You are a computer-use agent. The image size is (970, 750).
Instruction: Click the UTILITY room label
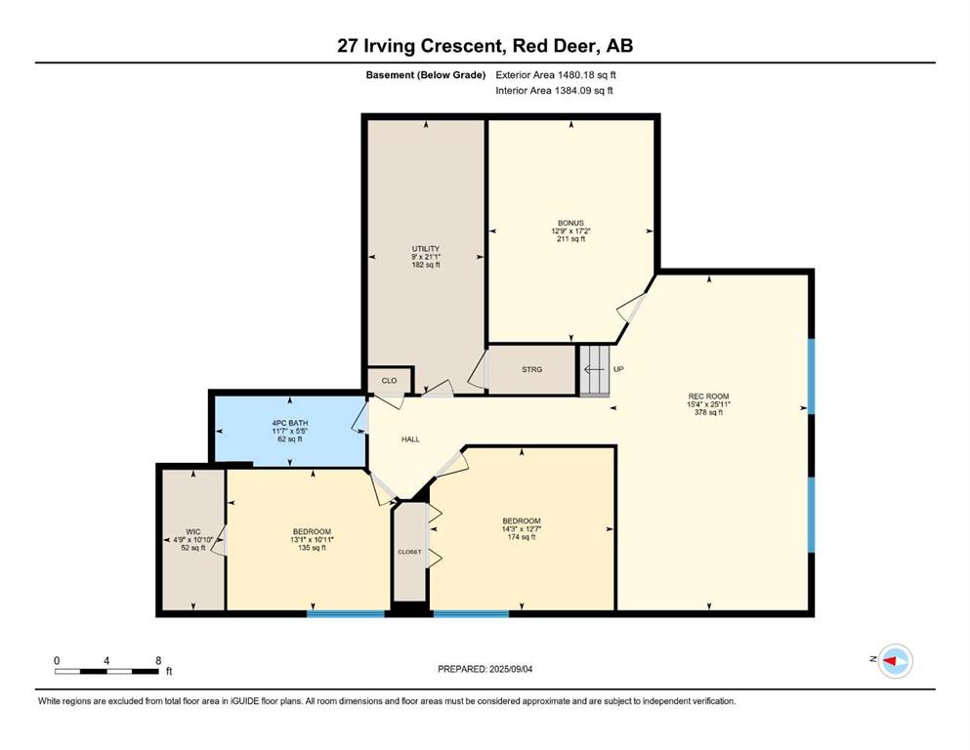tap(426, 249)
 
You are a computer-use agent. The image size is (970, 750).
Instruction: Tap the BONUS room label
tap(570, 223)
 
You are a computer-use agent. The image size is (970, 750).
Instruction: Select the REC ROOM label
tap(708, 396)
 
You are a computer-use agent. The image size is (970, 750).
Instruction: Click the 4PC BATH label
tap(289, 423)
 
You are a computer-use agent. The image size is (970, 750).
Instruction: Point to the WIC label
tap(193, 532)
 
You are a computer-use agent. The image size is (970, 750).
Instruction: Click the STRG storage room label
tap(531, 369)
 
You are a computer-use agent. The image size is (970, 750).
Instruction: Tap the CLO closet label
tap(389, 380)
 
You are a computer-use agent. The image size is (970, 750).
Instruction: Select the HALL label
tap(410, 439)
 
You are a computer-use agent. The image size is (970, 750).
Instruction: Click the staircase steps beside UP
tap(595, 370)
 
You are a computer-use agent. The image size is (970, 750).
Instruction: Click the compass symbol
tap(895, 661)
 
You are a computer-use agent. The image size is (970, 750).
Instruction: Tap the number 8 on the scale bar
tap(158, 660)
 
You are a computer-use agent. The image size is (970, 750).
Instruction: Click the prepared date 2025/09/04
tap(510, 669)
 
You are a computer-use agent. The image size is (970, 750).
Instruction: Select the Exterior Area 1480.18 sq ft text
tap(556, 75)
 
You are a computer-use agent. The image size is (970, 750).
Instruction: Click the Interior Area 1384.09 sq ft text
tap(554, 90)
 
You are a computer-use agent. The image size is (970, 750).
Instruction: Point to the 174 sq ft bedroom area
tap(522, 537)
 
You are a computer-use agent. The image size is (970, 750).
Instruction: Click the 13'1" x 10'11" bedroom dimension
tap(312, 539)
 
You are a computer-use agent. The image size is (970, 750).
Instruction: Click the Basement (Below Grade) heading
tap(426, 75)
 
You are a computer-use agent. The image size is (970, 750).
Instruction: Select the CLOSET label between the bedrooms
tap(409, 552)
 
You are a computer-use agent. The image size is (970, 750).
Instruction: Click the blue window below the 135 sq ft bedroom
tap(346, 613)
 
